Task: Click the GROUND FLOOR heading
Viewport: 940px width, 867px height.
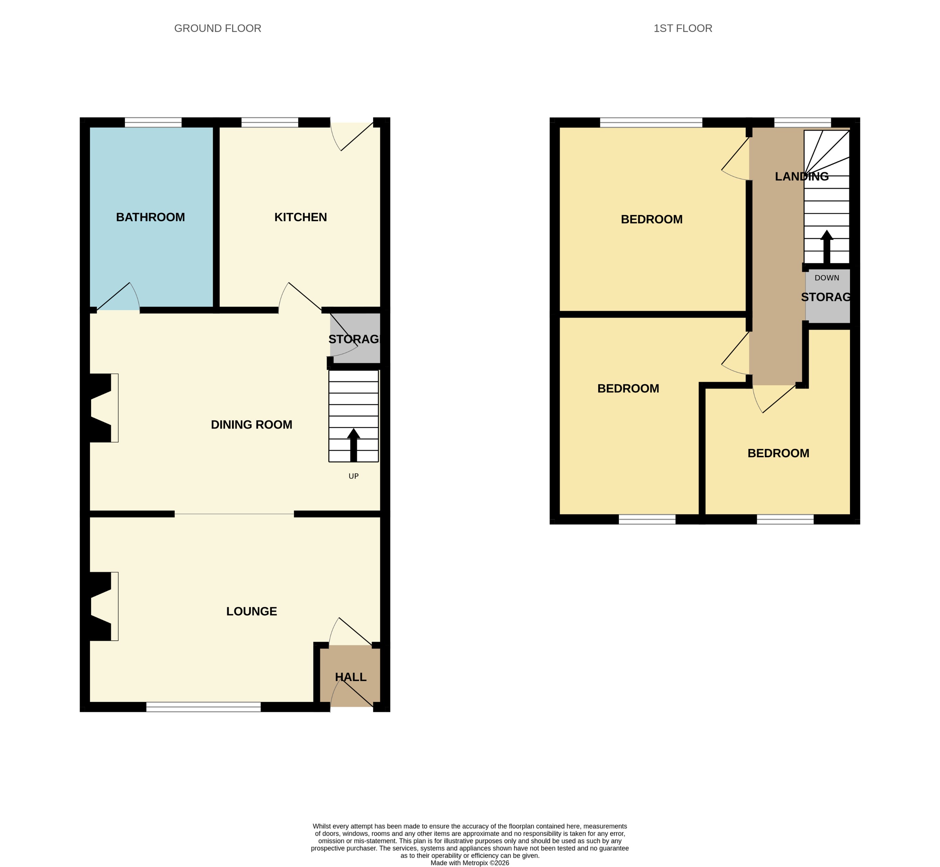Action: click(x=218, y=29)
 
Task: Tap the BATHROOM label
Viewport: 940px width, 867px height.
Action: click(x=151, y=217)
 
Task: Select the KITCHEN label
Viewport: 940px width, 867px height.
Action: click(x=300, y=217)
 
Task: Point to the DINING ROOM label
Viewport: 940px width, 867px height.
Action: click(x=251, y=425)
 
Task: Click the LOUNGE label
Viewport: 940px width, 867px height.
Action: click(x=251, y=611)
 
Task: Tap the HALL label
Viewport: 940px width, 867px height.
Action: click(x=351, y=677)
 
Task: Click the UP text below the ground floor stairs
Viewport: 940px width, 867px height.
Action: click(x=353, y=476)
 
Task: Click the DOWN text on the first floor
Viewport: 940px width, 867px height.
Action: click(x=827, y=278)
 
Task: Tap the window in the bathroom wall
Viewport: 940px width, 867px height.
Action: click(x=153, y=123)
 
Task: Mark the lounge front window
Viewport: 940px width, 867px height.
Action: click(x=204, y=707)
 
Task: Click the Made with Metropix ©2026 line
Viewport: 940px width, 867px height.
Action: click(x=470, y=863)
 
